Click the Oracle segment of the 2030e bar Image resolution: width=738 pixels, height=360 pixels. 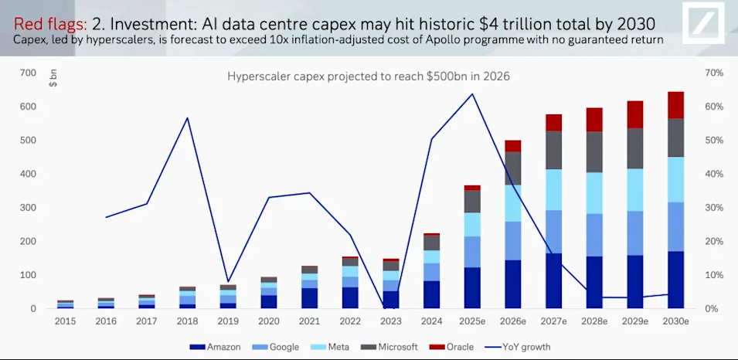tap(675, 105)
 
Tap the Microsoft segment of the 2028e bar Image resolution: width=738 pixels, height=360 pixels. tap(594, 151)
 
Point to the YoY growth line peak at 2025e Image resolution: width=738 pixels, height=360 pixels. tap(472, 94)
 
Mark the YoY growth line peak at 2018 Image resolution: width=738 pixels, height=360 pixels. tap(188, 117)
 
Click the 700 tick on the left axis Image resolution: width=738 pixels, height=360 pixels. tap(28, 73)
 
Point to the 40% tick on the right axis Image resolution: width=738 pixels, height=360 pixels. tap(712, 174)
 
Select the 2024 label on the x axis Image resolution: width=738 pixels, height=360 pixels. tap(431, 321)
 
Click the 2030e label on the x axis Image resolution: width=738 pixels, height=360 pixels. tap(675, 321)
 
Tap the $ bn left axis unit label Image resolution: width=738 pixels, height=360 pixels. tap(53, 78)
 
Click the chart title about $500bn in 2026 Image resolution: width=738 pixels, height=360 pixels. tap(368, 76)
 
